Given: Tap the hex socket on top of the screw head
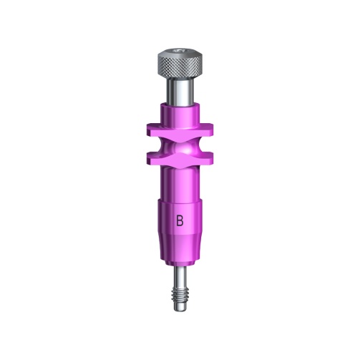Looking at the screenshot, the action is click(x=180, y=51).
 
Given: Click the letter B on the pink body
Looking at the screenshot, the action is click(x=180, y=220).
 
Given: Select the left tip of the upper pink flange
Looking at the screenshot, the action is click(x=147, y=129).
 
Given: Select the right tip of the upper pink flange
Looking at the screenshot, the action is click(x=213, y=129).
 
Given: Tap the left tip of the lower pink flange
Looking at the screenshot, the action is click(x=147, y=159).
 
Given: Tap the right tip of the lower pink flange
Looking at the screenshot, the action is click(x=213, y=159).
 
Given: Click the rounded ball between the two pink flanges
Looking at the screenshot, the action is click(x=180, y=149).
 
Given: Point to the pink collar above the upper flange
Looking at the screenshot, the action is click(x=180, y=115).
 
